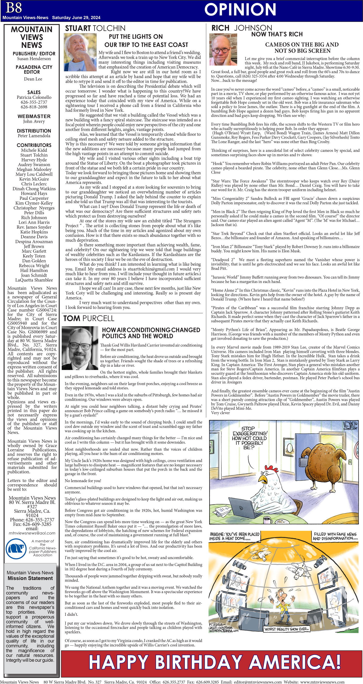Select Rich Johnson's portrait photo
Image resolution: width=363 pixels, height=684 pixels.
click(223, 49)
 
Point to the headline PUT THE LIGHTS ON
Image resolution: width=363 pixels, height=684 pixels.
click(136, 37)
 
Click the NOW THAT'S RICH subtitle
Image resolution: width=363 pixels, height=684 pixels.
click(277, 34)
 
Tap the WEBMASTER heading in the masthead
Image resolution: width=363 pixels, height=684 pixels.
click(34, 116)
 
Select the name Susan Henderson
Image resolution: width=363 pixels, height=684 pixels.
click(34, 59)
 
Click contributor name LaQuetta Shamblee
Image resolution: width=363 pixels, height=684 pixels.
click(34, 280)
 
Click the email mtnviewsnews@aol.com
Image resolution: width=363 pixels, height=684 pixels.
click(32, 533)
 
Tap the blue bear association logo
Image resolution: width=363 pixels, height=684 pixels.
click(16, 548)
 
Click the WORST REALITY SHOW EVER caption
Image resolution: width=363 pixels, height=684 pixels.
click(286, 629)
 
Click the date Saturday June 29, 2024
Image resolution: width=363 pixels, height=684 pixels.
click(76, 18)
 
